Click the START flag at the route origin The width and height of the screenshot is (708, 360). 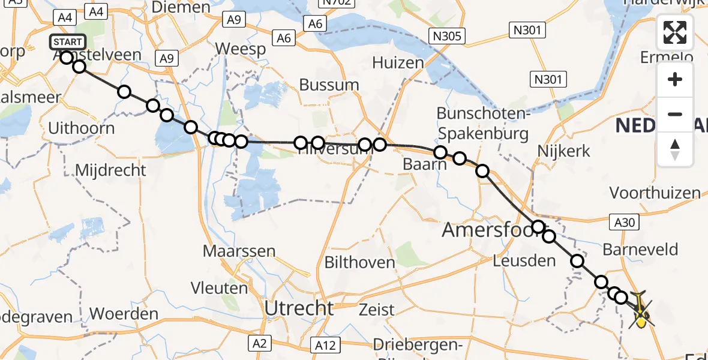pos(68,42)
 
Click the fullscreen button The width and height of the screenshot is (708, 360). pos(675,32)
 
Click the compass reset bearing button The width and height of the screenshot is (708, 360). pos(675,149)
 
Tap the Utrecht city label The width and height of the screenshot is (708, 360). pos(299,308)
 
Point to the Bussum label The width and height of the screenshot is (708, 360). pos(329,85)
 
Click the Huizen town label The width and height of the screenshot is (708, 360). pos(398,62)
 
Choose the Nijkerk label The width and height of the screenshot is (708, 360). pos(565,151)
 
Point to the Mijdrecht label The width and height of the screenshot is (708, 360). pos(110,170)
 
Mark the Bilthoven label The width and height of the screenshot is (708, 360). pos(360,262)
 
